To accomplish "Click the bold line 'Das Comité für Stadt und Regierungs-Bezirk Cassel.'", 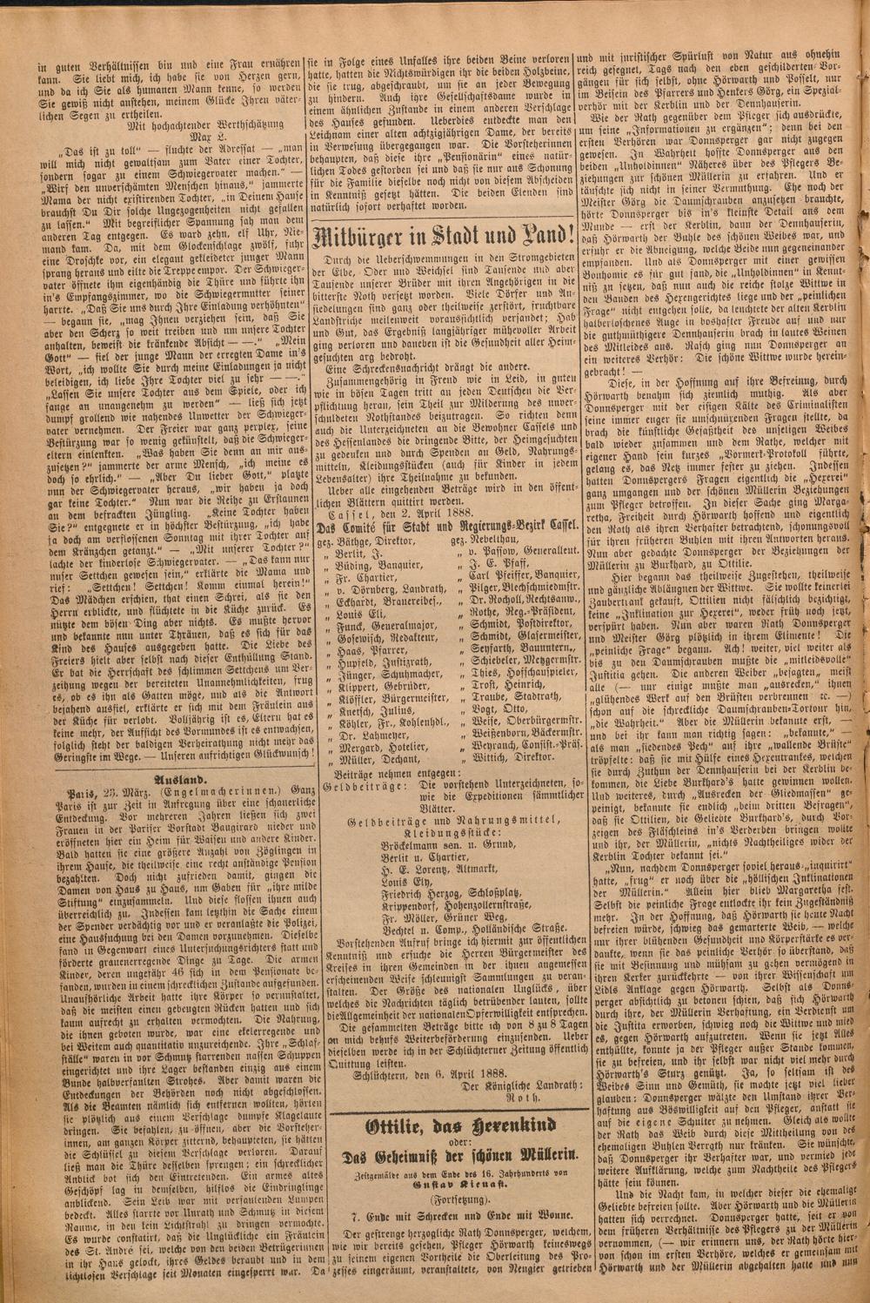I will click(442, 527).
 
